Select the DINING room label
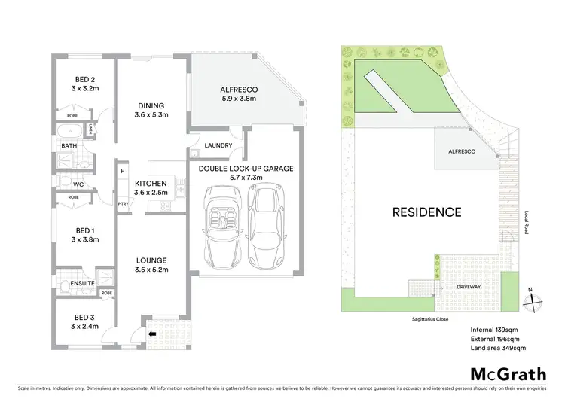(x=151, y=105)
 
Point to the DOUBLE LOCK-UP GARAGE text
(x=246, y=169)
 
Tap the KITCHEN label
(x=150, y=184)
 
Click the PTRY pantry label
(x=122, y=203)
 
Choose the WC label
(x=78, y=184)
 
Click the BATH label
(x=69, y=146)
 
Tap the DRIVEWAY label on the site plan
(x=468, y=287)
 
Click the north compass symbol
(x=533, y=299)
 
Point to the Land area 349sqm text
(x=499, y=348)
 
